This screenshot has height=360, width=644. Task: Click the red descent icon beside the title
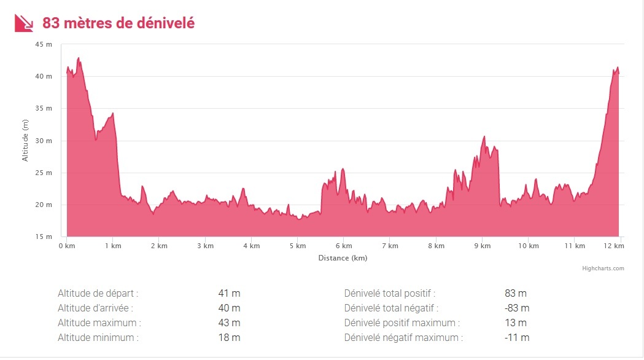point(25,23)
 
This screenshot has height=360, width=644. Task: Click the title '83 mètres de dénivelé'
point(118,23)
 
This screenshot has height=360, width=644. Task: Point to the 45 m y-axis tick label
point(44,44)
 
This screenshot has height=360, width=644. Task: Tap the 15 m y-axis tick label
point(44,237)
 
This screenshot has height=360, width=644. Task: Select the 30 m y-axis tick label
point(44,141)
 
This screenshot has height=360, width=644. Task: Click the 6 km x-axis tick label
point(343,246)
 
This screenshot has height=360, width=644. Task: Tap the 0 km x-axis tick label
point(66,246)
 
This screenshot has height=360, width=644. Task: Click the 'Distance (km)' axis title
point(343,258)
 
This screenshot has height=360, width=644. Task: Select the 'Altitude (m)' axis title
point(25,141)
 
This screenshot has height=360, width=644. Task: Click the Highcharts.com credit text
point(603,268)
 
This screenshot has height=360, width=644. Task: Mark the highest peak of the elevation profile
point(79,58)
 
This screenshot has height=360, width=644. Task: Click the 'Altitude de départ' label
point(98,294)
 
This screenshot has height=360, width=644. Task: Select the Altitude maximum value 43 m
point(229,323)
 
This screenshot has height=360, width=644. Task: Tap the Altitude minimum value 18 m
point(229,337)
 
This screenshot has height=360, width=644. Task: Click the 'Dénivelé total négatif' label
point(391,308)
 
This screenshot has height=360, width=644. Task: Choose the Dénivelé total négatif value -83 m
point(516,308)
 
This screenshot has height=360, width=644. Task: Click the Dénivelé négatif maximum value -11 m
point(516,337)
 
